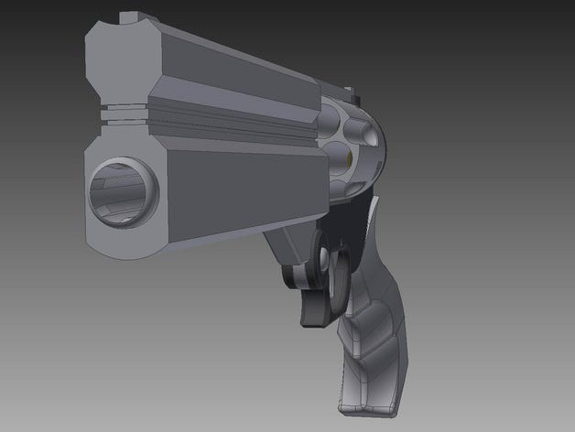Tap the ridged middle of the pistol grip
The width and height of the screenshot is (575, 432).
[371, 329]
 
